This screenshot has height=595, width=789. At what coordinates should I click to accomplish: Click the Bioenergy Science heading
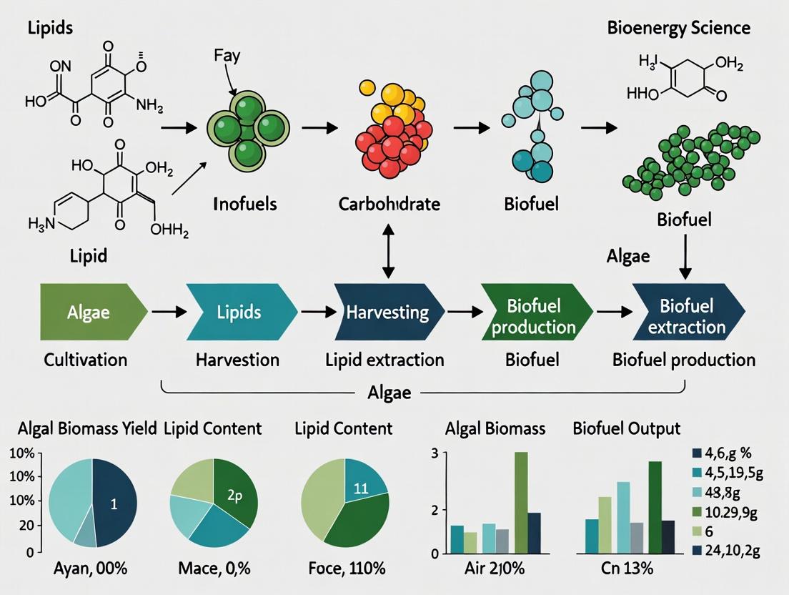tap(678, 28)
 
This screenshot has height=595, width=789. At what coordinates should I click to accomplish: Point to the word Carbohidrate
tap(389, 204)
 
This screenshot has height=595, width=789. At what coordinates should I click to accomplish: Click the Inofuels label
tap(245, 204)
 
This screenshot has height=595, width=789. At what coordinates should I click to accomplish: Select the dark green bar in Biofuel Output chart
tap(655, 507)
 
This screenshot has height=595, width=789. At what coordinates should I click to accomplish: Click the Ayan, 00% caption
tap(90, 569)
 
